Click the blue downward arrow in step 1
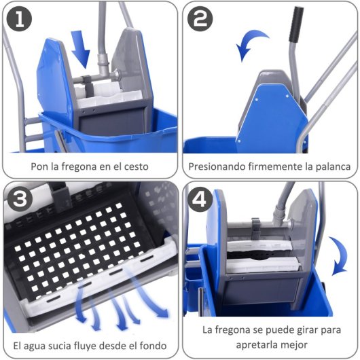coord(82,52)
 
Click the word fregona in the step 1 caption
coord(76,165)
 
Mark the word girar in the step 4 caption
coord(306,330)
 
